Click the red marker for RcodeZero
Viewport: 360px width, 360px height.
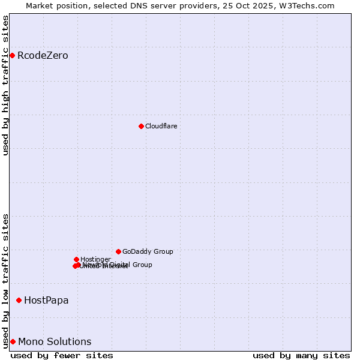point(12,56)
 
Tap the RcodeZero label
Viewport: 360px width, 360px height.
point(43,56)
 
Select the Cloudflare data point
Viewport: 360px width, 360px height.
point(141,126)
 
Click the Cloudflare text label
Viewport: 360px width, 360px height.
point(161,126)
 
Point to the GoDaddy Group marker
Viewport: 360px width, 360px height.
point(118,251)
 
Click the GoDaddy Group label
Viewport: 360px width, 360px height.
point(148,252)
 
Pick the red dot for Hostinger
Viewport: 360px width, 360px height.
point(76,259)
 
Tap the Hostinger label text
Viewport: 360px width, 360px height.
point(95,259)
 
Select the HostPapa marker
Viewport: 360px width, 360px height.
point(19,300)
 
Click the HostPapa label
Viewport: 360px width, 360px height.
point(46,300)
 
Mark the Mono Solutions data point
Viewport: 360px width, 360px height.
point(13,341)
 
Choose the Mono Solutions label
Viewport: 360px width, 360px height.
point(55,342)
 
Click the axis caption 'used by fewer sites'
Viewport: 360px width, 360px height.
point(62,355)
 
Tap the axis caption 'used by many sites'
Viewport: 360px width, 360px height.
point(301,355)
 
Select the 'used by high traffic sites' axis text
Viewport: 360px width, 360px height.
point(6,86)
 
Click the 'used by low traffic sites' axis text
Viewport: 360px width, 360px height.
point(6,281)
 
